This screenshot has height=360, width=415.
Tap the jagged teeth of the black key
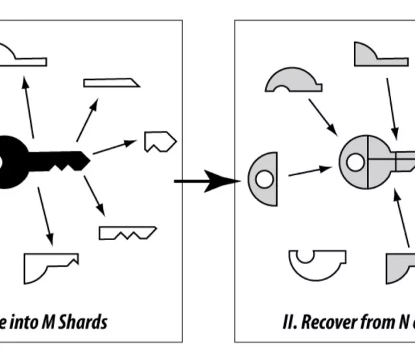point(62,167)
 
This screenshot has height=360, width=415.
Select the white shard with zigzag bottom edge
point(127,232)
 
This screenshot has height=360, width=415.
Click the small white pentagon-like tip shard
point(160,141)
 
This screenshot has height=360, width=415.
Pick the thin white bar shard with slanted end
point(111,82)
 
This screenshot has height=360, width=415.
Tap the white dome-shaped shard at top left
point(19,57)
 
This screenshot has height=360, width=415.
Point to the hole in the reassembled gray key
point(355,161)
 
